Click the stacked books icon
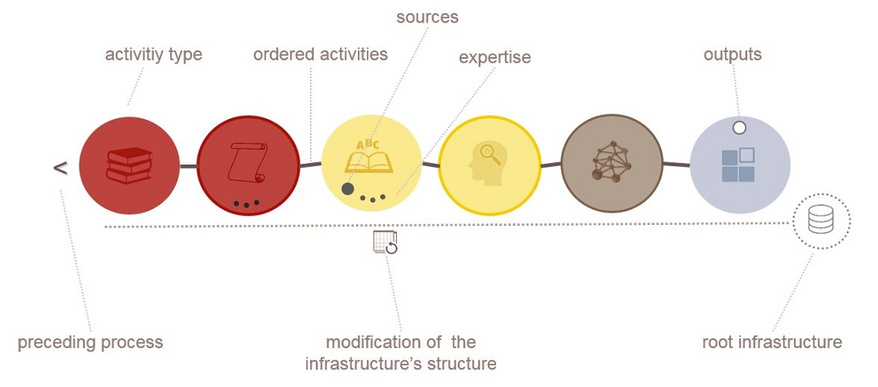(129, 165)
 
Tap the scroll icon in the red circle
(247, 162)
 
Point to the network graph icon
(612, 162)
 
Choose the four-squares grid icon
(738, 165)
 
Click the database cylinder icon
(821, 219)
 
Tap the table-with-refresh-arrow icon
(385, 242)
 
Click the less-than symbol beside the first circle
(60, 168)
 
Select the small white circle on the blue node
(739, 127)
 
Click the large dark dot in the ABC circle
(348, 189)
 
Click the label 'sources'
(427, 17)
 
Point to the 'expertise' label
(495, 58)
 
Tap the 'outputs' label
(732, 55)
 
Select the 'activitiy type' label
(154, 55)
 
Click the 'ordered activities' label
(320, 55)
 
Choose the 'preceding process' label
(90, 342)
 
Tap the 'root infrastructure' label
(772, 342)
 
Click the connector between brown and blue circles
(676, 164)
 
